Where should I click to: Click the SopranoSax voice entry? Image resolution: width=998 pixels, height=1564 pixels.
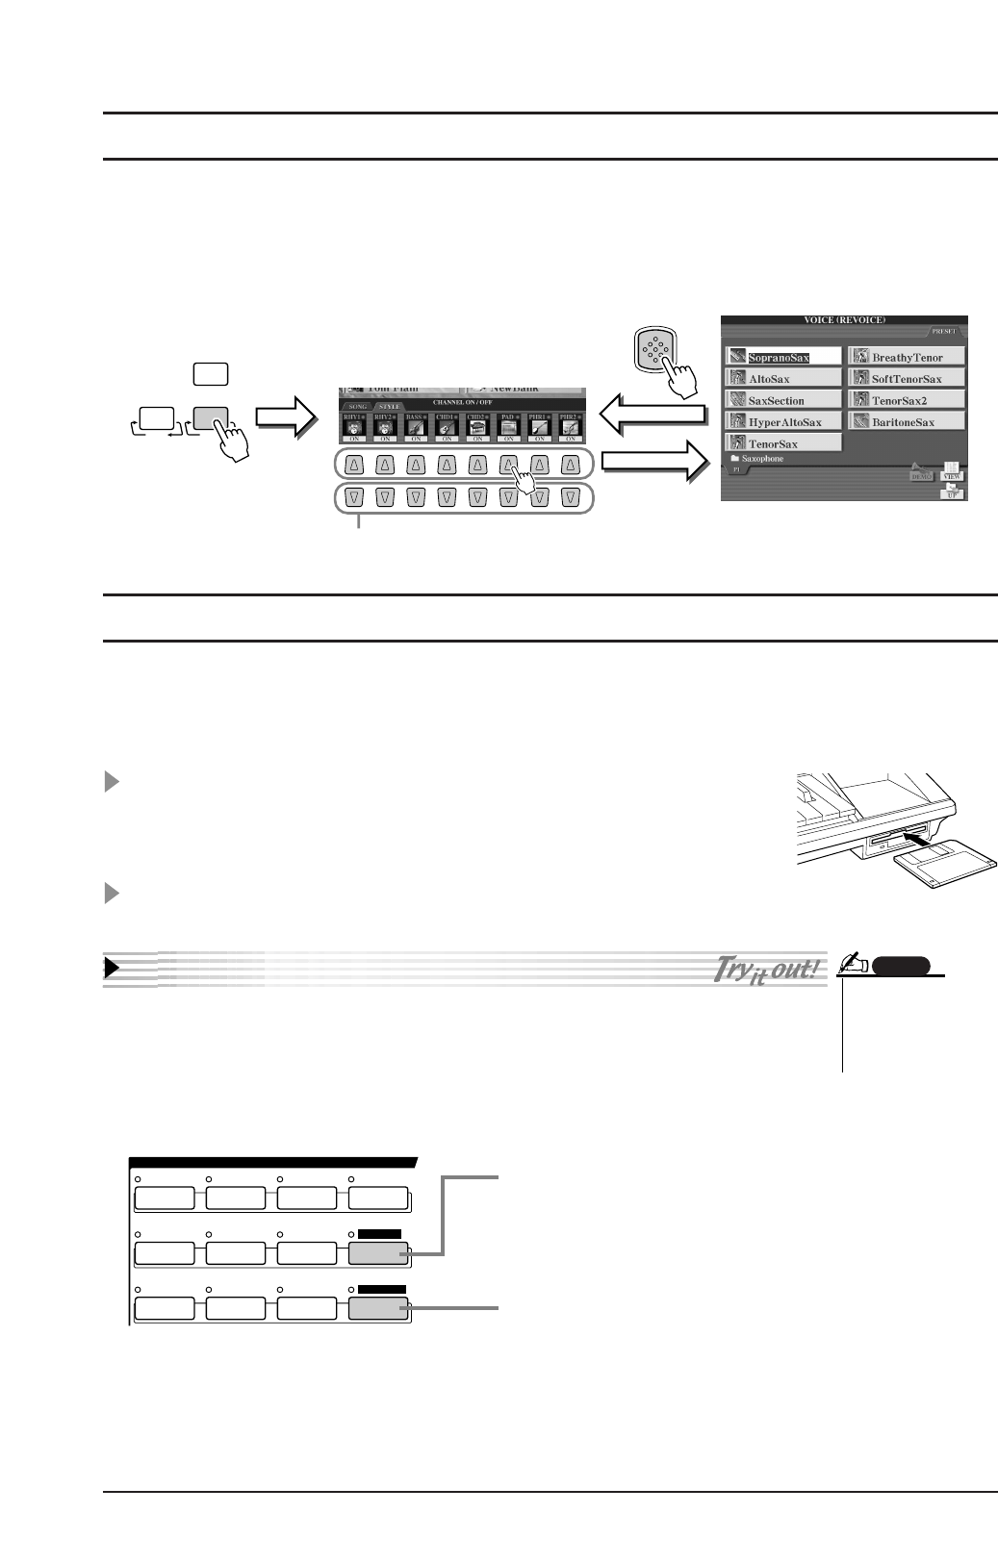pyautogui.click(x=782, y=357)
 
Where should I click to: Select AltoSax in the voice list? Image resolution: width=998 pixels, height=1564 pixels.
pyautogui.click(x=782, y=379)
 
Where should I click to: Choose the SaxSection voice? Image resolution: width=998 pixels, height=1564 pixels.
pyautogui.click(x=782, y=400)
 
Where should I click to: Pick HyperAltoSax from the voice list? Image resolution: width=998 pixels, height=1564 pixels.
pyautogui.click(x=782, y=422)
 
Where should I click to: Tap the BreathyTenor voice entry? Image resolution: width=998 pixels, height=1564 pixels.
pyautogui.click(x=906, y=357)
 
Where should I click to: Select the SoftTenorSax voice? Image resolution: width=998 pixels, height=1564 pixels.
pyautogui.click(x=906, y=379)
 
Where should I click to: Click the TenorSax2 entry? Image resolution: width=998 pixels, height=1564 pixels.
pyautogui.click(x=906, y=400)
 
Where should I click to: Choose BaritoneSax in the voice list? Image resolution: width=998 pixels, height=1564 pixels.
pyautogui.click(x=906, y=422)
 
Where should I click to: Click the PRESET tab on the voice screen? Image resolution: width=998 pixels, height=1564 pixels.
pyautogui.click(x=944, y=331)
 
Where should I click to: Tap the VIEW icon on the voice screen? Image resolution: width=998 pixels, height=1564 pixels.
pyautogui.click(x=952, y=471)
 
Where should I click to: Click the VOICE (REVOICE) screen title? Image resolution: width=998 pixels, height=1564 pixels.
pyautogui.click(x=844, y=319)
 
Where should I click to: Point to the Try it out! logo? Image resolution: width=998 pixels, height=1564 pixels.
pyautogui.click(x=766, y=969)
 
